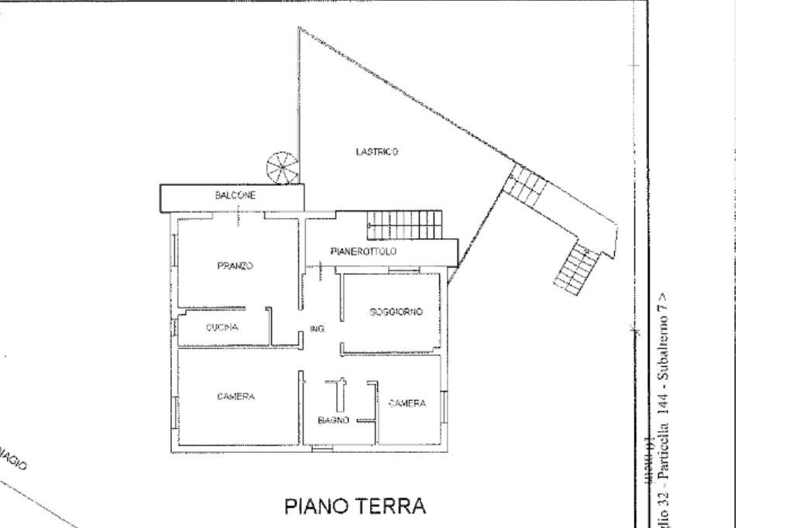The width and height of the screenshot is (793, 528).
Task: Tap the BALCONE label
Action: point(235,196)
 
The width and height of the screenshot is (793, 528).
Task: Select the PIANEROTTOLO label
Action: point(363,252)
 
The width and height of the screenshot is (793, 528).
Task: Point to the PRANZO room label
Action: point(235,266)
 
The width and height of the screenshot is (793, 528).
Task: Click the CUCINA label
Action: point(221,327)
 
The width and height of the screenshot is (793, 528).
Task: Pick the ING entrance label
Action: point(317,329)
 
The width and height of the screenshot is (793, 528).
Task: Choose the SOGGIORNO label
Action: point(396,312)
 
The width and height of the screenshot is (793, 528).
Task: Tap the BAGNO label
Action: point(333,420)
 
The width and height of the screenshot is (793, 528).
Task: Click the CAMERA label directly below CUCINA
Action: point(235,396)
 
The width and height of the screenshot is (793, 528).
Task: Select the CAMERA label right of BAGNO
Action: point(407,403)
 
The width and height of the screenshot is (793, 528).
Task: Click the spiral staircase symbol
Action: point(281,167)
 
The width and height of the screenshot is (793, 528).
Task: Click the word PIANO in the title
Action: point(318,507)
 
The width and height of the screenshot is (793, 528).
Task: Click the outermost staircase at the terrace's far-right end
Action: point(575,268)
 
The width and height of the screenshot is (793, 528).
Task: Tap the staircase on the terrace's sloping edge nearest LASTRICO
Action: point(525,184)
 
